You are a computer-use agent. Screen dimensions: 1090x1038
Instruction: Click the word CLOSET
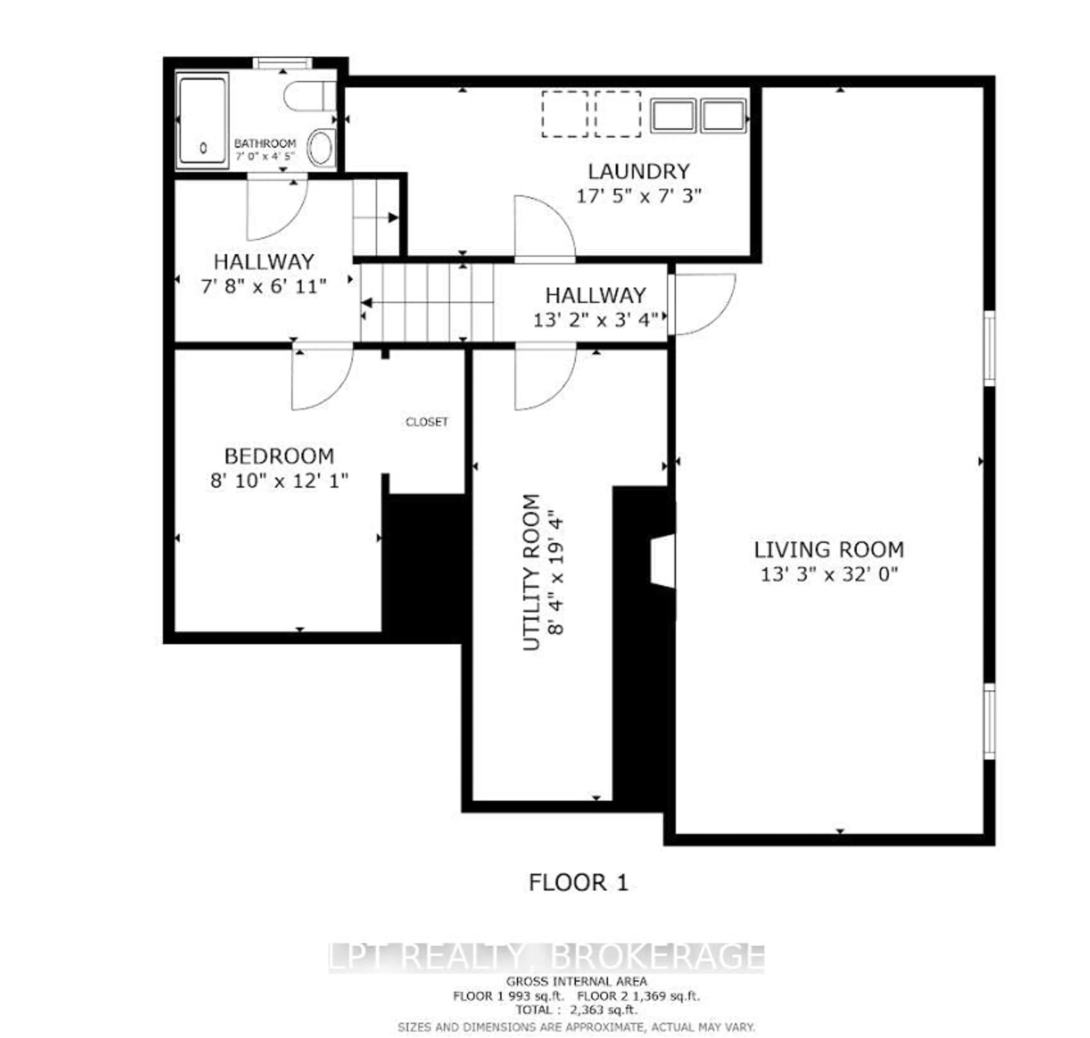click(426, 422)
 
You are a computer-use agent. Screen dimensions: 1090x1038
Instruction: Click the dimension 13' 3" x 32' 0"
click(828, 575)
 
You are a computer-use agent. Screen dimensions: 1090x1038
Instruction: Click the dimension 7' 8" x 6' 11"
click(264, 287)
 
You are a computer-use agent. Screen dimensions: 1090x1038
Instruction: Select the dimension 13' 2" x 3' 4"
click(596, 320)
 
